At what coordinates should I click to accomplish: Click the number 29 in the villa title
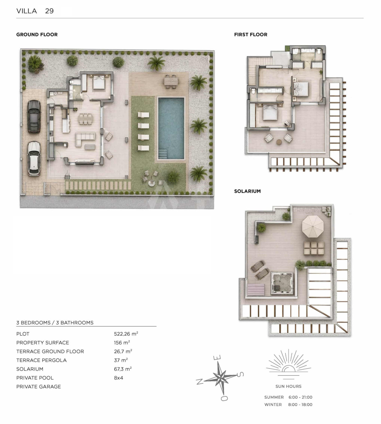[50, 11]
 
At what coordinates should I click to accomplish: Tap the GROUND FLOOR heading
[37, 34]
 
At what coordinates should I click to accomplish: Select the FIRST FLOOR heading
[251, 34]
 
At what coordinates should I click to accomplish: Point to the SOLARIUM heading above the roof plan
[247, 191]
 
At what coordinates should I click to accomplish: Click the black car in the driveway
[34, 116]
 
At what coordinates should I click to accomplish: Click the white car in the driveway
[34, 158]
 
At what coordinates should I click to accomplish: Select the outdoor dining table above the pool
[171, 81]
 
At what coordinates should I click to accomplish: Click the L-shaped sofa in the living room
[85, 138]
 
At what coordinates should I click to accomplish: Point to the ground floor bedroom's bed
[99, 82]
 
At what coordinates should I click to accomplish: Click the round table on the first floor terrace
[279, 142]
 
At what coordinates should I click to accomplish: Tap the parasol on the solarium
[313, 226]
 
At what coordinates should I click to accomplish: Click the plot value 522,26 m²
[126, 334]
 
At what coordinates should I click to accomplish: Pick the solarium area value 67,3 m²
[123, 369]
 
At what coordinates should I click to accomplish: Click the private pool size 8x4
[118, 378]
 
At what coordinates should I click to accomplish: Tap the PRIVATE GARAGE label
[39, 387]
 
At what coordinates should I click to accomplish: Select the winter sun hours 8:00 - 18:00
[300, 405]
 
